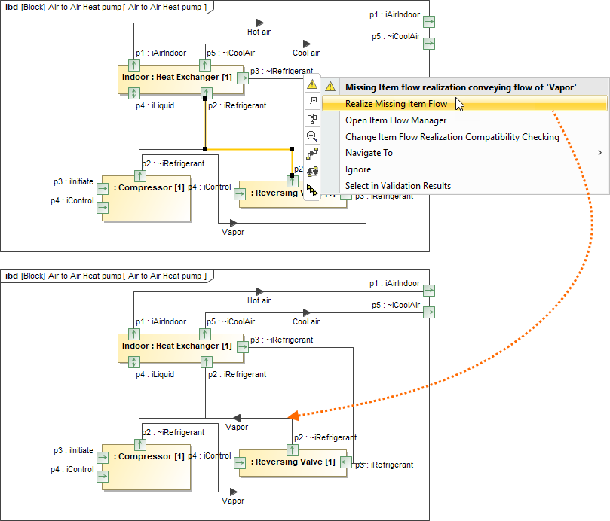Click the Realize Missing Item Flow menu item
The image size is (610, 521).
pos(396,104)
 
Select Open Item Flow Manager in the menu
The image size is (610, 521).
pos(396,120)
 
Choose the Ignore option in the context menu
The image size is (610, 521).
pos(358,169)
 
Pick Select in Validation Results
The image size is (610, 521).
pos(397,186)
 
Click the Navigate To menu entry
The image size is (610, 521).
pos(369,153)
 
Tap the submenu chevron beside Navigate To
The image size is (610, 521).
pos(600,153)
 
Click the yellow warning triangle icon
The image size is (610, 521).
pos(312,86)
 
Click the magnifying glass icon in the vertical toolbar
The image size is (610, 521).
pos(312,136)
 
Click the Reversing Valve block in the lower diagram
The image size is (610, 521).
pos(293,462)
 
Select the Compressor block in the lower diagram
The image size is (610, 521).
pos(148,456)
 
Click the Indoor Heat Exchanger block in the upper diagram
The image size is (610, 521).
pos(176,78)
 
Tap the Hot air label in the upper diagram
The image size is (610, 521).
pos(259,32)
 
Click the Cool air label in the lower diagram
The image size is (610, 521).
pos(306,321)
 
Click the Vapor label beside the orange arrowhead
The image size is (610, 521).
pos(237,427)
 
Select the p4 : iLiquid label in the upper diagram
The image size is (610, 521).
pos(155,106)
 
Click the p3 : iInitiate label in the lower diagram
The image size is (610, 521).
pos(73,450)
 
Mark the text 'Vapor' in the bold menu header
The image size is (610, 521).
pos(562,87)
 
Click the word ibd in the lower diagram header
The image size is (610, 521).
pos(11,276)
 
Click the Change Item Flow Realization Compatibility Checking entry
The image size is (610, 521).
pos(452,137)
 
